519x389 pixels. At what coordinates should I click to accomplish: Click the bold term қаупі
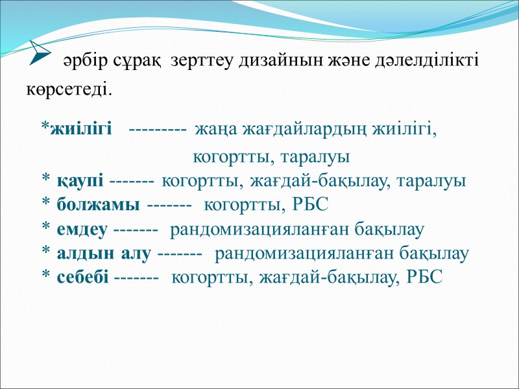point(80,181)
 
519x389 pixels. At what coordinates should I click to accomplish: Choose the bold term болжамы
point(97,205)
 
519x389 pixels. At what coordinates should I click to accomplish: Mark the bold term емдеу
point(82,229)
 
